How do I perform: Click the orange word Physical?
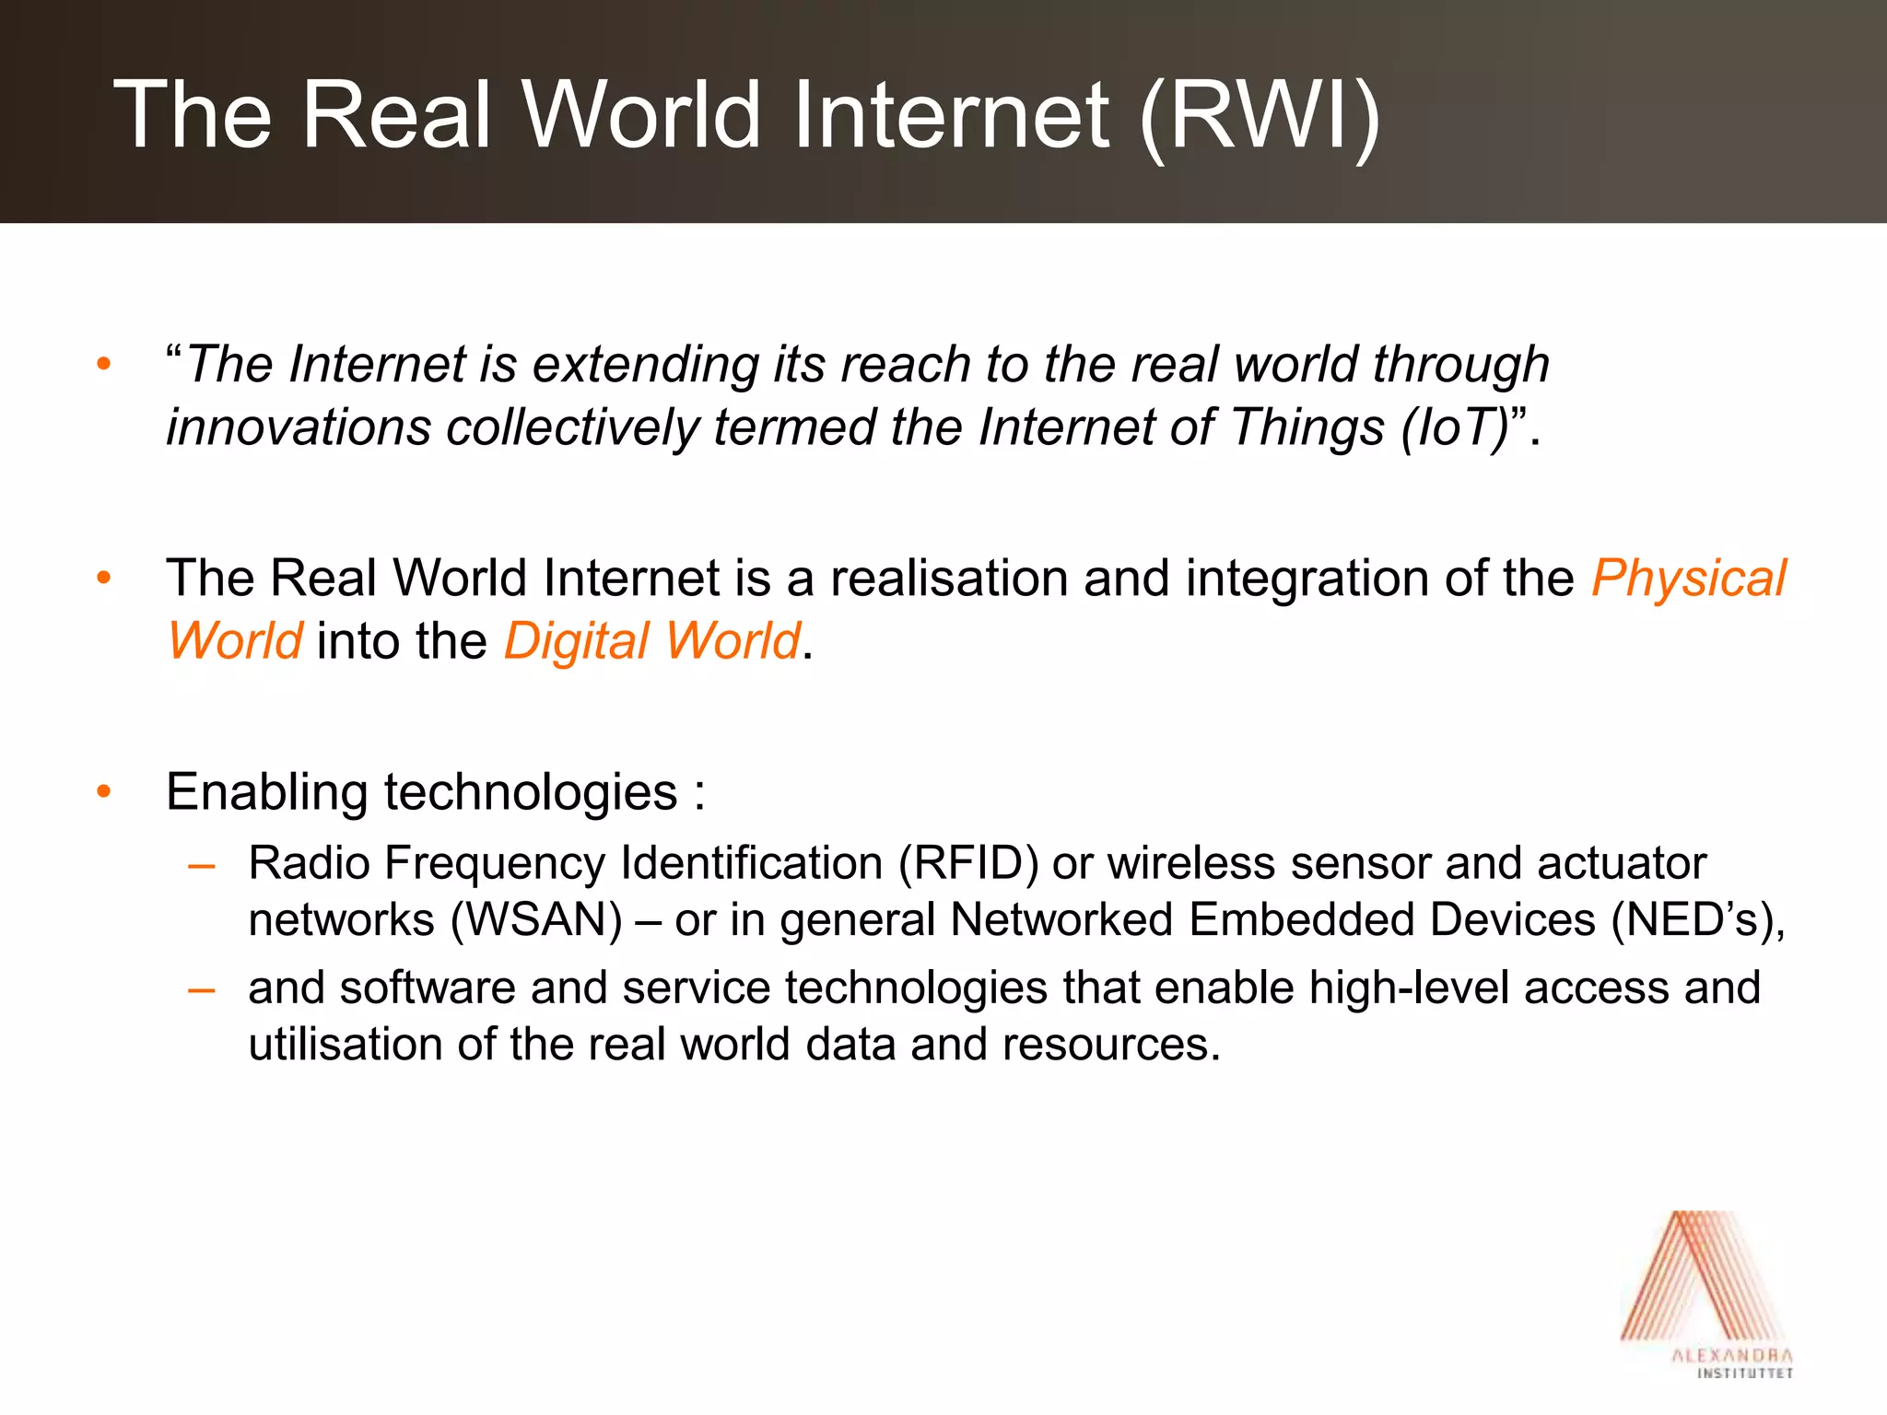(1688, 579)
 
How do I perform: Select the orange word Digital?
(577, 642)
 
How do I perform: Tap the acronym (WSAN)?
(537, 920)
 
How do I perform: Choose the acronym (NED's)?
(1697, 920)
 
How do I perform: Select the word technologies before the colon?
(530, 793)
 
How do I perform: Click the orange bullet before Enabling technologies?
(103, 791)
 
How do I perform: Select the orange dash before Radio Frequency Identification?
(201, 866)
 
